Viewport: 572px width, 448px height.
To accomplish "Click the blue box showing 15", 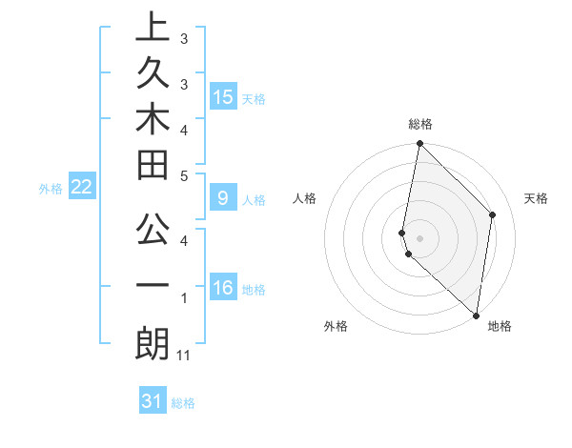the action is pos(223,97).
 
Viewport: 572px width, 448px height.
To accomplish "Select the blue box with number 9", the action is pos(223,199).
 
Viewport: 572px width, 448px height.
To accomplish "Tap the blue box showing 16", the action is pos(223,289).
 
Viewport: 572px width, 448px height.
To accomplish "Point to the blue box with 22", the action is pos(82,187).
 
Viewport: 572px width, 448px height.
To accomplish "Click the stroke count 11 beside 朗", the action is pos(185,356).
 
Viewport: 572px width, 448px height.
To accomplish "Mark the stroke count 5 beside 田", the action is pos(184,174).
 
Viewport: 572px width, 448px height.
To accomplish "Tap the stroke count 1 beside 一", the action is pos(184,298).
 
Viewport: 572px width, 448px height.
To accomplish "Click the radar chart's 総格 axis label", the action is pos(420,124).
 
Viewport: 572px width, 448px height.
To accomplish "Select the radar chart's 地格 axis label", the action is pos(500,326).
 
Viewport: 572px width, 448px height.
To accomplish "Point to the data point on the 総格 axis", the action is pos(419,144).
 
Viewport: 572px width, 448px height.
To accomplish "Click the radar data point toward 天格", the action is pos(493,214).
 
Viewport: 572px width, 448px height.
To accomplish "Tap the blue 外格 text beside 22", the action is pos(51,188).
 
